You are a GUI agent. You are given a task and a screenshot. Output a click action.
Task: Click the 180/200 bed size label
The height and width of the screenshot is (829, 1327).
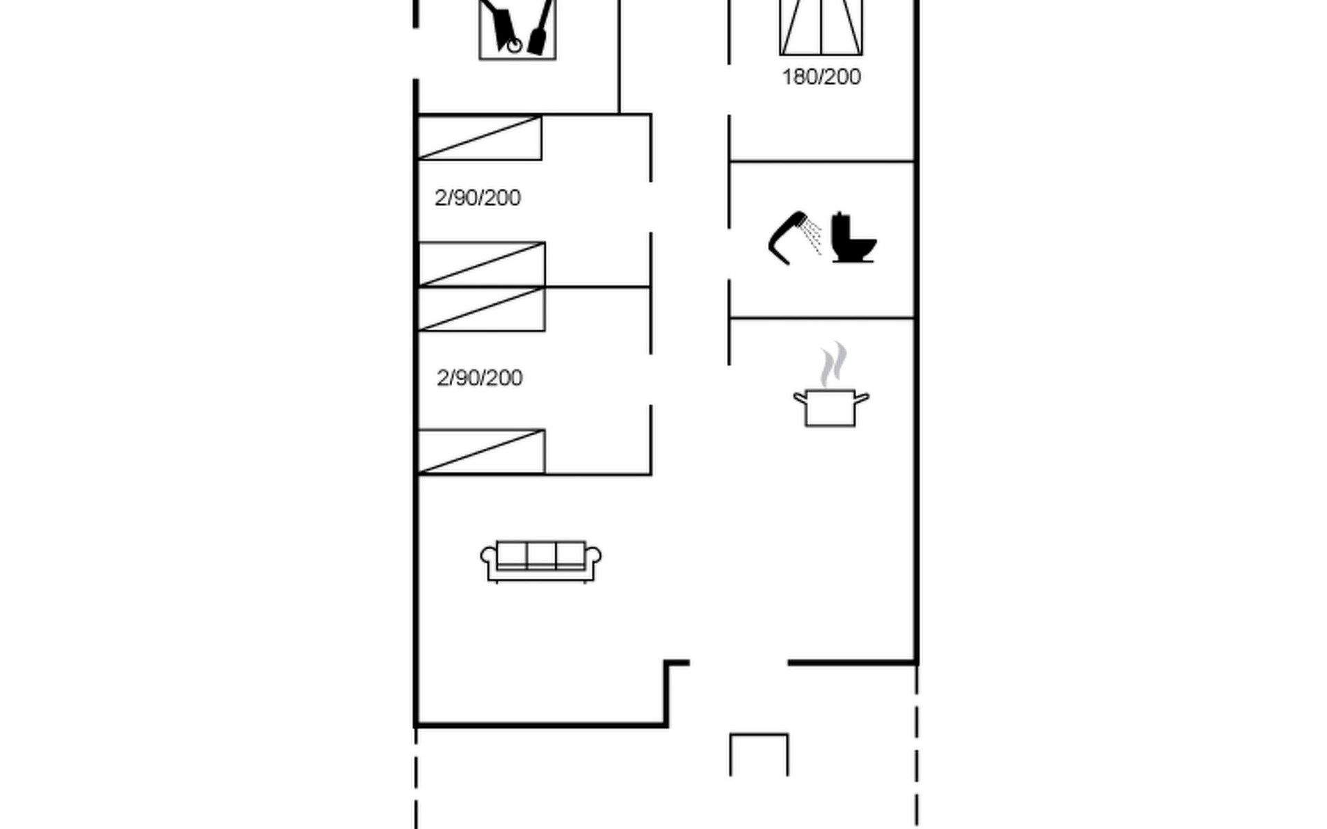pyautogui.click(x=821, y=77)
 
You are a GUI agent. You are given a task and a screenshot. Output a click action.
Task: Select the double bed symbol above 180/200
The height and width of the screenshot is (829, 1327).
pyautogui.click(x=821, y=27)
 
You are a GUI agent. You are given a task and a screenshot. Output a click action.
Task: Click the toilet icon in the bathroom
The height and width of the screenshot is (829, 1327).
pyautogui.click(x=853, y=237)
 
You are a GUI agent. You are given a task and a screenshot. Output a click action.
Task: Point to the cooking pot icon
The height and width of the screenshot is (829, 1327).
pyautogui.click(x=831, y=408)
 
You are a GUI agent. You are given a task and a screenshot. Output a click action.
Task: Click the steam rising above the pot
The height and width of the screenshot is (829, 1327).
pyautogui.click(x=834, y=364)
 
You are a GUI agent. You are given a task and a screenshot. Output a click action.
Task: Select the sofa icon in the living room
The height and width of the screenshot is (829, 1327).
pyautogui.click(x=540, y=562)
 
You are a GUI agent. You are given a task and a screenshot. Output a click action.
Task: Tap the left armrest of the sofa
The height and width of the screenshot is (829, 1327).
pyautogui.click(x=489, y=561)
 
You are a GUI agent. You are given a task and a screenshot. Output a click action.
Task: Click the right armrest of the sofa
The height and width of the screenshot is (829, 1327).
pyautogui.click(x=593, y=561)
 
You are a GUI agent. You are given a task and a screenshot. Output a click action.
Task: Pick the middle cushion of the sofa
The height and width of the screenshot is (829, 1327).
pyautogui.click(x=541, y=555)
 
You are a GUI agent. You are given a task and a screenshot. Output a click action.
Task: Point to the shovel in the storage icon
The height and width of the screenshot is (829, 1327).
pyautogui.click(x=540, y=28)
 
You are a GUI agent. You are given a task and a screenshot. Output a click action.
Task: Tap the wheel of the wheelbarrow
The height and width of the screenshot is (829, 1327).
pyautogui.click(x=514, y=46)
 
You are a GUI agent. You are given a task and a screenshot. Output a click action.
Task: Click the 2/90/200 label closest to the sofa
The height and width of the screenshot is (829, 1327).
pyautogui.click(x=480, y=378)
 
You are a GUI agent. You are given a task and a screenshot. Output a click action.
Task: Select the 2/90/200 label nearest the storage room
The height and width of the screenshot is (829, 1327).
pyautogui.click(x=478, y=198)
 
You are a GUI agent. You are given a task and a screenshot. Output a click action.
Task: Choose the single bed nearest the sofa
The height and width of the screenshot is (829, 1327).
pyautogui.click(x=482, y=452)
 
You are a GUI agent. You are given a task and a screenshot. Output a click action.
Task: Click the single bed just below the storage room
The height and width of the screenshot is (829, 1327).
pyautogui.click(x=480, y=137)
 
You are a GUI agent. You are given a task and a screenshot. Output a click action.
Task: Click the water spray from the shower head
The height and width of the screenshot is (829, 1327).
pyautogui.click(x=813, y=237)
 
